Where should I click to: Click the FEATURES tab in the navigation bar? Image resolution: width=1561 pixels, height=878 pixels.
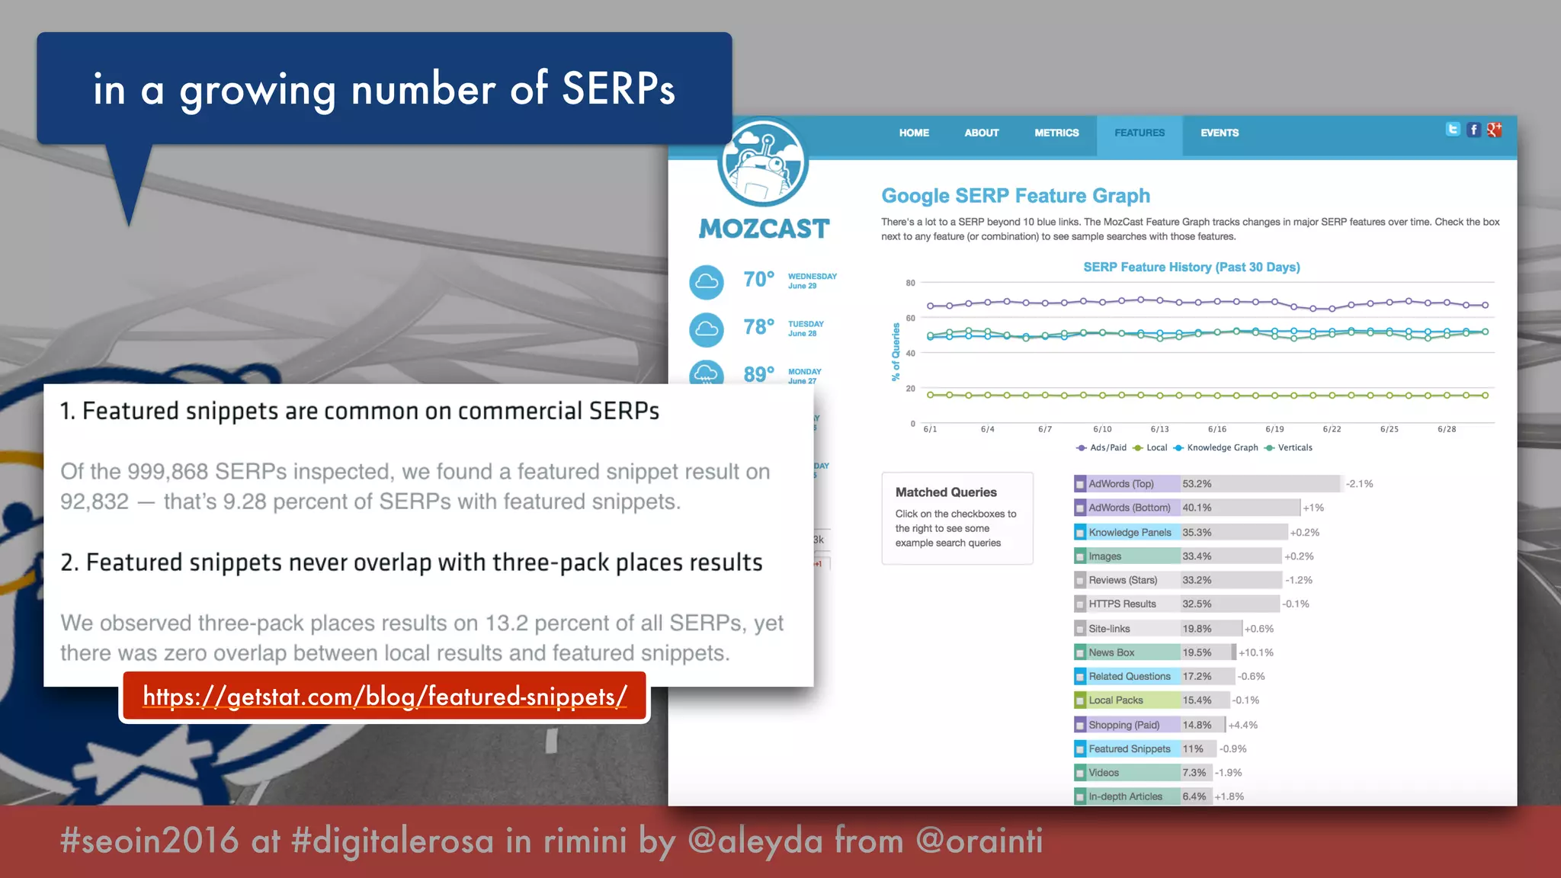(1139, 133)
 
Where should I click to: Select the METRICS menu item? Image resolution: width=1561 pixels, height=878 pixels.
(1056, 133)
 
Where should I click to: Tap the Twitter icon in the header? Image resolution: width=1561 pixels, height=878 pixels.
(1453, 130)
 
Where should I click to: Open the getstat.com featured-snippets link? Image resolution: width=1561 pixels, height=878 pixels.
(385, 697)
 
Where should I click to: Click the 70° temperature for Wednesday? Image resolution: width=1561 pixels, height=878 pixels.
(758, 280)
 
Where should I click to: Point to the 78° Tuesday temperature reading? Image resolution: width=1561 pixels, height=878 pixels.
(758, 327)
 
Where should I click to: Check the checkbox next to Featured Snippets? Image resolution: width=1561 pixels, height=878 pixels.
(1080, 749)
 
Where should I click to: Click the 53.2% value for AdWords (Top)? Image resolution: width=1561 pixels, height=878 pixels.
(1197, 484)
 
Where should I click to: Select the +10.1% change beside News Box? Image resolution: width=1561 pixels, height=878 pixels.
(1256, 652)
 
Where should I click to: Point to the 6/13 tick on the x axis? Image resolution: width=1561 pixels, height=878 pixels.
(1159, 429)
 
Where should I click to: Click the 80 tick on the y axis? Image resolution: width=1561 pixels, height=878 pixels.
(910, 283)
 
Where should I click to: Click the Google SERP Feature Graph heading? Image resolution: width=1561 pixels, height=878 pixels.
(1015, 196)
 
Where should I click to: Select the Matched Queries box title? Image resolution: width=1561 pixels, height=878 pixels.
(946, 492)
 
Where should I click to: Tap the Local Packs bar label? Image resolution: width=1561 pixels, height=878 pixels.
(1115, 700)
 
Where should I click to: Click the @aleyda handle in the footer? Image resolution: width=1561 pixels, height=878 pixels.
(755, 841)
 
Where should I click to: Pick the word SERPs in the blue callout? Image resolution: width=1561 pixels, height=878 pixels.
(618, 89)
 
